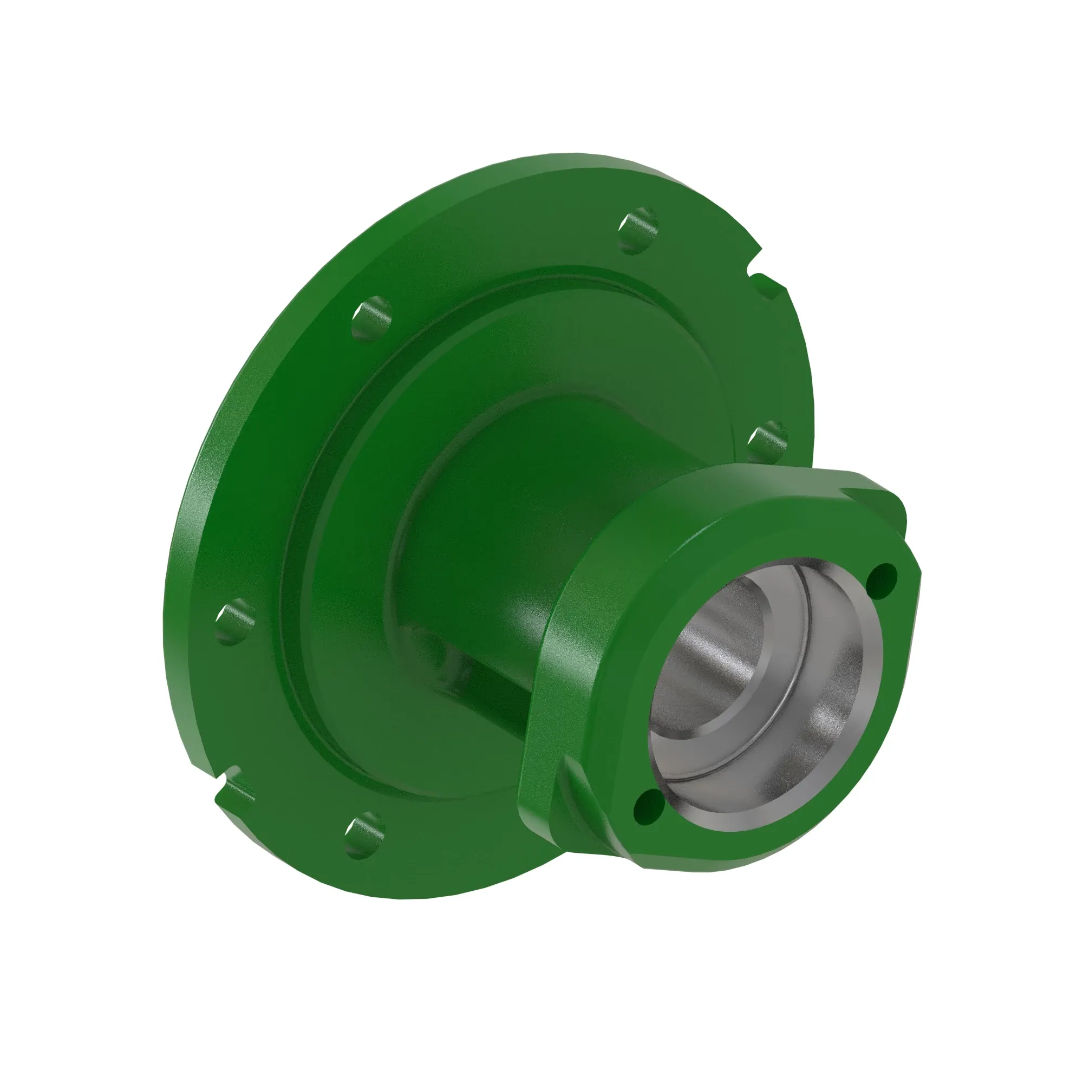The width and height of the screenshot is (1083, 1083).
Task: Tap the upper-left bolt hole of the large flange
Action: [x=371, y=318]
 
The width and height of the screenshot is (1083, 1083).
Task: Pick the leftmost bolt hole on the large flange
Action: [x=234, y=621]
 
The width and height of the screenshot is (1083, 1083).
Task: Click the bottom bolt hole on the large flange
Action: [x=364, y=834]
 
